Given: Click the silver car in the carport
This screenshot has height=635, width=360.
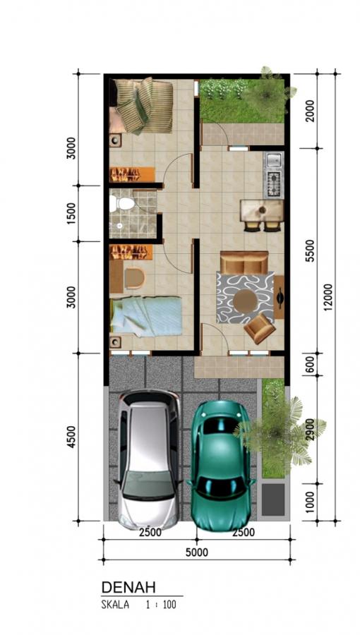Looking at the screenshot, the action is (148, 459).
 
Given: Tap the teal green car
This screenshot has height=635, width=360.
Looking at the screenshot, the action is (221, 464).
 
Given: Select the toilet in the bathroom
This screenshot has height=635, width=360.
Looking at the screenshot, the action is (121, 204).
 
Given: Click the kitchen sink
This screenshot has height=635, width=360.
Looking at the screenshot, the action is (274, 160).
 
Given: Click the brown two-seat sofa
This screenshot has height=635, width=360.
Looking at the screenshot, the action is (244, 262).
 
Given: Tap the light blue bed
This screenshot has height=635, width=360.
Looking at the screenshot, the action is (146, 316).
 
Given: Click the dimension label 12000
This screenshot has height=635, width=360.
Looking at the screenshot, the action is (328, 298).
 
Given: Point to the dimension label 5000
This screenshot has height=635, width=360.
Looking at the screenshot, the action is (197, 552).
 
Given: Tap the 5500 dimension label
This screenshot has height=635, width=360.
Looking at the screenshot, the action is (310, 251).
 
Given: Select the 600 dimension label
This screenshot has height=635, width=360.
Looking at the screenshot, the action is (310, 366).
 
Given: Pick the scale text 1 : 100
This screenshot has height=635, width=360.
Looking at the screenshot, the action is (161, 605).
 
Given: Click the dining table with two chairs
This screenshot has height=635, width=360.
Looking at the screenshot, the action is (263, 215).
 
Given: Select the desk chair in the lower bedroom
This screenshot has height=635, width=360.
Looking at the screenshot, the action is (134, 279).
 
